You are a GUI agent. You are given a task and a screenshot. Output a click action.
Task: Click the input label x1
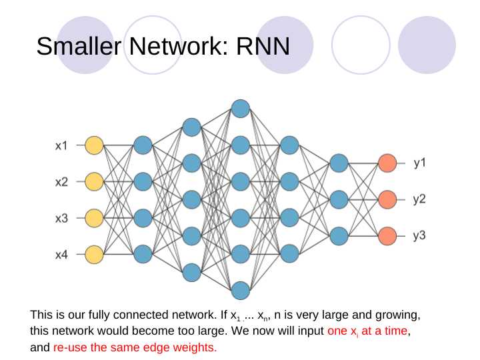61,146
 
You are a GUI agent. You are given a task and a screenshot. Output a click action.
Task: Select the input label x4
61,255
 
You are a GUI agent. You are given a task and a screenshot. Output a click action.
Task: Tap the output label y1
420,163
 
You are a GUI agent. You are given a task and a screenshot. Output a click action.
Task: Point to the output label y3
419,235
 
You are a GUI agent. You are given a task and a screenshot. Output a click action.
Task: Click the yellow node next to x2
94,181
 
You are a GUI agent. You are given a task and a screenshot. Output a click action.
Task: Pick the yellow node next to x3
94,218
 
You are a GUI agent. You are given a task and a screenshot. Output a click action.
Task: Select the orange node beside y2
387,199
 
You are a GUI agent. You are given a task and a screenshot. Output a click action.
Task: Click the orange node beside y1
387,163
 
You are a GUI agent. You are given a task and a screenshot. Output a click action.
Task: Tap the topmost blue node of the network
241,109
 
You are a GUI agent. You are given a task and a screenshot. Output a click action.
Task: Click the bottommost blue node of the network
241,291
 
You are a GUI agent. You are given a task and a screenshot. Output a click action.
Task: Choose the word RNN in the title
263,46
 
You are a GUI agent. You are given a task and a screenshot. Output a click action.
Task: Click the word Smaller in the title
79,46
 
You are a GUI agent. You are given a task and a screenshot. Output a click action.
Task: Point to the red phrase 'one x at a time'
367,331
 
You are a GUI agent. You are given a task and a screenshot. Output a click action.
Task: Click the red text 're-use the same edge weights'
135,347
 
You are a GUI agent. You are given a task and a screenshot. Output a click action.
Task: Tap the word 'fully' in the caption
98,315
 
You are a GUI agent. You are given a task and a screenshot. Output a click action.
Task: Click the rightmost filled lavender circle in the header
427,45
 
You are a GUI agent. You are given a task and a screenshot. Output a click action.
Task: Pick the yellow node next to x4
94,255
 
